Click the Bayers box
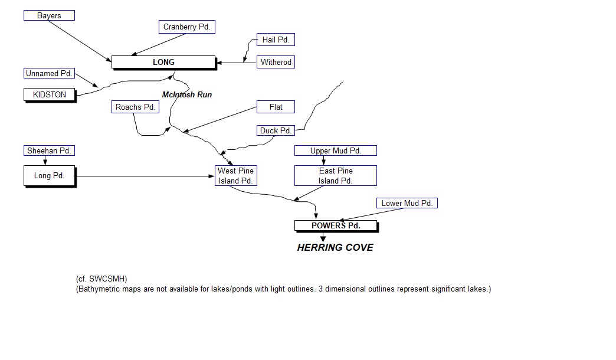[x=49, y=15]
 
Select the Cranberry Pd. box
[x=186, y=27]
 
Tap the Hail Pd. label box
[x=276, y=40]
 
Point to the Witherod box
[x=276, y=62]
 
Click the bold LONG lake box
[x=163, y=62]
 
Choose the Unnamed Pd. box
[x=50, y=74]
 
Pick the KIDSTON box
[x=50, y=94]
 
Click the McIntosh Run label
[x=187, y=94]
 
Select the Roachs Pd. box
[x=135, y=107]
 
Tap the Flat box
[x=276, y=107]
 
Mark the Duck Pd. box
[x=276, y=130]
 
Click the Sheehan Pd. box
[x=49, y=151]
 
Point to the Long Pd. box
[x=50, y=176]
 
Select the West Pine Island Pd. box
[x=235, y=176]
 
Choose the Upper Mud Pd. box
[x=335, y=151]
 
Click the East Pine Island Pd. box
[x=335, y=176]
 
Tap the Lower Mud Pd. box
[x=407, y=204]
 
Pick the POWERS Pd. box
[x=335, y=225]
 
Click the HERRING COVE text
[x=335, y=247]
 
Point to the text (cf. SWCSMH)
[x=101, y=279]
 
